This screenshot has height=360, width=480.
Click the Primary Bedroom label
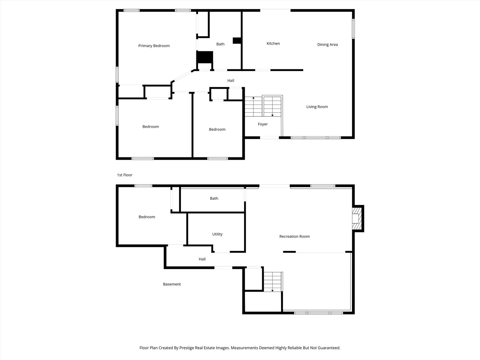[154, 46]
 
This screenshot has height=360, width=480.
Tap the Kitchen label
[273, 44]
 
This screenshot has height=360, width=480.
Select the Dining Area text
[327, 45]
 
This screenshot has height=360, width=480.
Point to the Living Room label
[317, 107]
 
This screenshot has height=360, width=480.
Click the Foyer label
[263, 124]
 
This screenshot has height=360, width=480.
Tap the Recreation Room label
[294, 237]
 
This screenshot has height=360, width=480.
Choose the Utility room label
[217, 234]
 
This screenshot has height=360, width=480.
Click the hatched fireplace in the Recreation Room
[357, 219]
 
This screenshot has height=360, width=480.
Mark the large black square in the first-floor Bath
[205, 57]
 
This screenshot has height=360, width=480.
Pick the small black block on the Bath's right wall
[237, 41]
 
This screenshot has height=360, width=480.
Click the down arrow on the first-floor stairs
[272, 115]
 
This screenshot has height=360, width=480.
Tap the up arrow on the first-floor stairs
[253, 98]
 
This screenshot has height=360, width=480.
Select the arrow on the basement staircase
[272, 290]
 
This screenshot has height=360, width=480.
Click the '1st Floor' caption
[125, 175]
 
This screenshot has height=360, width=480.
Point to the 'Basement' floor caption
[172, 284]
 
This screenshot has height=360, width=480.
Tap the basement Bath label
[214, 199]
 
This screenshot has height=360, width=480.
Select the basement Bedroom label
[147, 217]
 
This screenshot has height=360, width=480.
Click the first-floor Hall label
[231, 81]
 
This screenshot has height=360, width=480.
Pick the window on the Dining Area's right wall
[353, 29]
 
